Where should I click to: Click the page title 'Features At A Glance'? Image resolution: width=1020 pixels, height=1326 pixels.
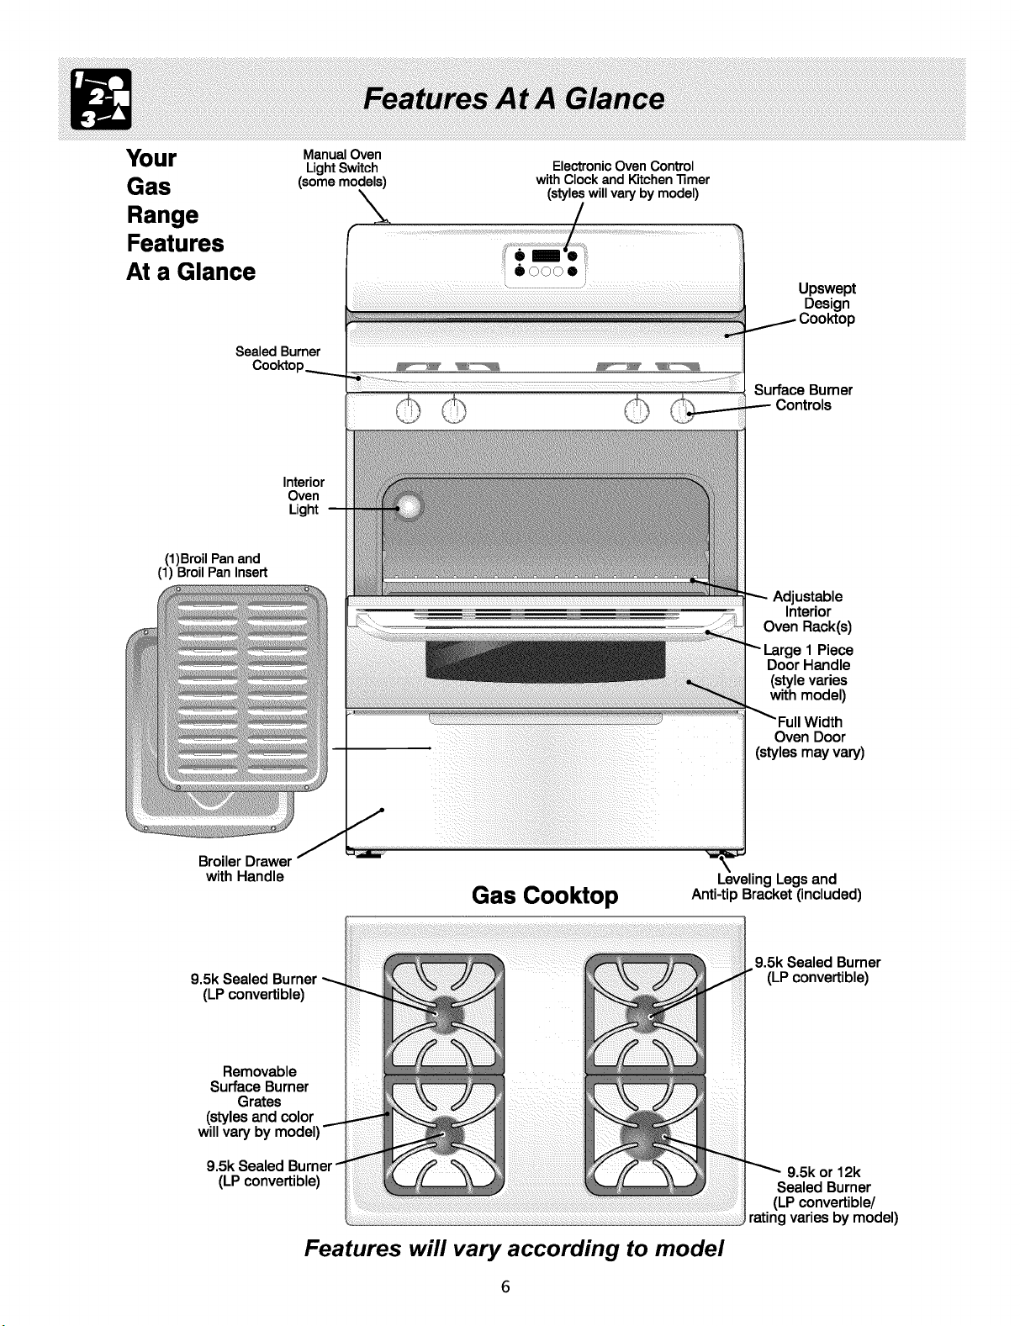[x=514, y=99]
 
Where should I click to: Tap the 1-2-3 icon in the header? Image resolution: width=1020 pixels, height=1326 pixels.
[x=101, y=99]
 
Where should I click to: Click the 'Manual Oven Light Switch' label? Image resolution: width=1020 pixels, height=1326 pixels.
[x=341, y=168]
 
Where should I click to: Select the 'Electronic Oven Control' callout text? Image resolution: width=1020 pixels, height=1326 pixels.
[x=622, y=180]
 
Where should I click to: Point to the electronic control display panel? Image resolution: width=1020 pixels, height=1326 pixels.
[x=545, y=266]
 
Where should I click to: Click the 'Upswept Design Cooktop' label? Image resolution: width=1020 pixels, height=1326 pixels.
[x=827, y=304]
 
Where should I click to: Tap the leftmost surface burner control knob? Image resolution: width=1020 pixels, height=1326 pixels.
[x=408, y=410]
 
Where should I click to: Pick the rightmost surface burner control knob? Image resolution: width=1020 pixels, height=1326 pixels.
[x=683, y=410]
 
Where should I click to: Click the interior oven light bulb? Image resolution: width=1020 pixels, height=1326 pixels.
[x=408, y=506]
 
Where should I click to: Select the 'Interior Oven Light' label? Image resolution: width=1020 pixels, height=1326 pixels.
[x=304, y=495]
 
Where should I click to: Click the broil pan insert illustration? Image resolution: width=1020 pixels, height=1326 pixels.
[x=242, y=689]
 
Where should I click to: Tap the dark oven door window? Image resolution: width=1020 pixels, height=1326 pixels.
[x=545, y=662]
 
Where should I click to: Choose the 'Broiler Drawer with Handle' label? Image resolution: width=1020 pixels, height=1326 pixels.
[x=245, y=869]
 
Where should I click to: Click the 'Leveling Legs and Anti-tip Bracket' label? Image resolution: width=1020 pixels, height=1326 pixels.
[x=776, y=886]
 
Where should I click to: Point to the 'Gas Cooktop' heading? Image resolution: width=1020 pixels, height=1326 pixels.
[x=545, y=895]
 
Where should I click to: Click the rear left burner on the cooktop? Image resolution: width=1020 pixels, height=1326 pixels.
[x=444, y=1013]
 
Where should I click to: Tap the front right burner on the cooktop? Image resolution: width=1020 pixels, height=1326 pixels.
[x=645, y=1135]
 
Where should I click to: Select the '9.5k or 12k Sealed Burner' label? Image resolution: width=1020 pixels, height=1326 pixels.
[x=823, y=1195]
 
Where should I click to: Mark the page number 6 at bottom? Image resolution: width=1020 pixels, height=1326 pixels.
[x=505, y=1286]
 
